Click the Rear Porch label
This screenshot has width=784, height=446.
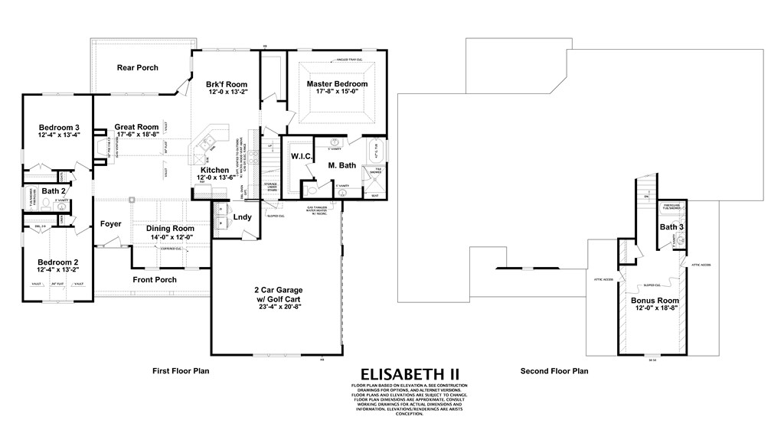click(138, 67)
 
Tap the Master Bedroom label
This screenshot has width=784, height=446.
click(337, 83)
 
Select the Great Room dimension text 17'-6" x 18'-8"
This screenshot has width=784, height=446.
click(137, 135)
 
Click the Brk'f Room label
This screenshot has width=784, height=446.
click(225, 83)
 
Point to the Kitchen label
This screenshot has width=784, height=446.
click(214, 170)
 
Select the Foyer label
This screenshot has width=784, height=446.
click(111, 224)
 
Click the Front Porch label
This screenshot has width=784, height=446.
click(155, 280)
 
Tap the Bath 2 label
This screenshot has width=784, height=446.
click(54, 190)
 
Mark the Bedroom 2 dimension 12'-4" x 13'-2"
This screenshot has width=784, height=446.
click(59, 270)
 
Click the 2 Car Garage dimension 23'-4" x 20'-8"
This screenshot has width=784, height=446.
click(279, 307)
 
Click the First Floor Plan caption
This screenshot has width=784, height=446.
click(181, 371)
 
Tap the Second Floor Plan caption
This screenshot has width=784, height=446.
click(554, 371)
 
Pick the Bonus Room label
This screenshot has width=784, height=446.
click(655, 301)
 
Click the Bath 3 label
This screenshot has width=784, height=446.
click(671, 226)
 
